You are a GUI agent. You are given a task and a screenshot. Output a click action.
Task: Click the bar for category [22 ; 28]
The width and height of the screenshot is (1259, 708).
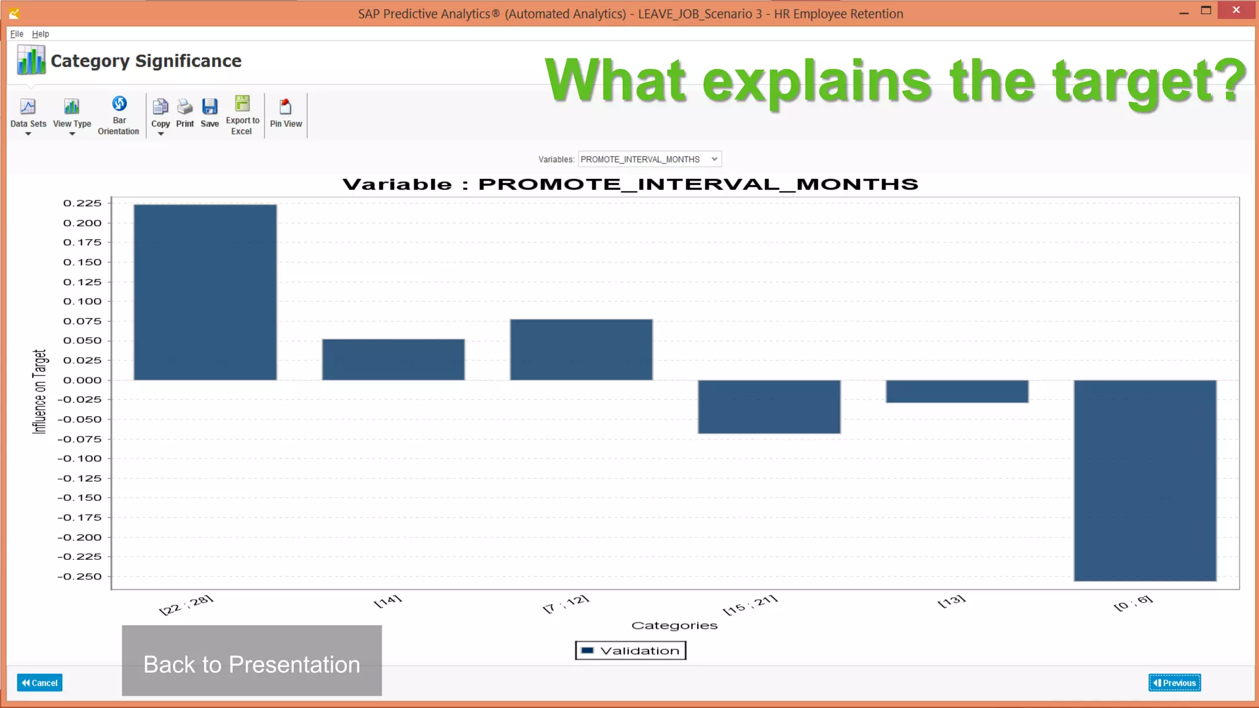(x=205, y=292)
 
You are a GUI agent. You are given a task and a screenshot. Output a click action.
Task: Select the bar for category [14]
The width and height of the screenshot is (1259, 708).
(x=393, y=360)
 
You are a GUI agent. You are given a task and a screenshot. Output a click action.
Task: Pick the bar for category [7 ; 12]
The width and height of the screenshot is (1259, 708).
(x=581, y=349)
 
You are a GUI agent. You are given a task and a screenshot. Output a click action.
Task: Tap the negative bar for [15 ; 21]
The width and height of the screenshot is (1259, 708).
(x=768, y=406)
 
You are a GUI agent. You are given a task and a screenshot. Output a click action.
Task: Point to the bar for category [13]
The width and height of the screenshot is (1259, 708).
(x=957, y=391)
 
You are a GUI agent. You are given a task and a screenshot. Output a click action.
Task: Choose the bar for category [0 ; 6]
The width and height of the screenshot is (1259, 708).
(x=1145, y=480)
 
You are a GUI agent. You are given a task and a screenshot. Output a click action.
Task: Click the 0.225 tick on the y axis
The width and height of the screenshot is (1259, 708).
(x=82, y=203)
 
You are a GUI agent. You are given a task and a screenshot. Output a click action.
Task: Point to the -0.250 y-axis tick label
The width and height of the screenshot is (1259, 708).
(x=80, y=576)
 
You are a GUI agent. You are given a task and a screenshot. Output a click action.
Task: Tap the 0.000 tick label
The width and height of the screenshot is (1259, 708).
(x=82, y=380)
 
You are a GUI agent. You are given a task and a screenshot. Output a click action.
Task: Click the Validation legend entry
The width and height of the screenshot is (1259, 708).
(x=631, y=651)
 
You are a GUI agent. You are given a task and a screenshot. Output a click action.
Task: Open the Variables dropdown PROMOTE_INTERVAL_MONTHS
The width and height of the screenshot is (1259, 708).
(x=649, y=159)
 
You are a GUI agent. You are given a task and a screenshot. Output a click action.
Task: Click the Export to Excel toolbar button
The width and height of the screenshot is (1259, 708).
(x=242, y=115)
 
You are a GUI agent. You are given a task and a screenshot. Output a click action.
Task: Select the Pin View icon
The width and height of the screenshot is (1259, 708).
(x=286, y=114)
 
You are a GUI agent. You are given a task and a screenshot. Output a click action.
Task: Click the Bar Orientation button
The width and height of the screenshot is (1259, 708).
(x=119, y=115)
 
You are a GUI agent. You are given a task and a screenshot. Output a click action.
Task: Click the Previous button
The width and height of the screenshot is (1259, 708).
(x=1174, y=683)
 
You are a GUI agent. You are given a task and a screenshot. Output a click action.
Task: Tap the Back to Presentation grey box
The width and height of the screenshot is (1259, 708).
(x=251, y=661)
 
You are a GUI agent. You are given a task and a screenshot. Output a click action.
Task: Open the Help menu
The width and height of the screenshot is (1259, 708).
(x=41, y=34)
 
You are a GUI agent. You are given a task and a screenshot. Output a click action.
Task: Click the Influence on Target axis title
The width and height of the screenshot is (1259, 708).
(x=39, y=391)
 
